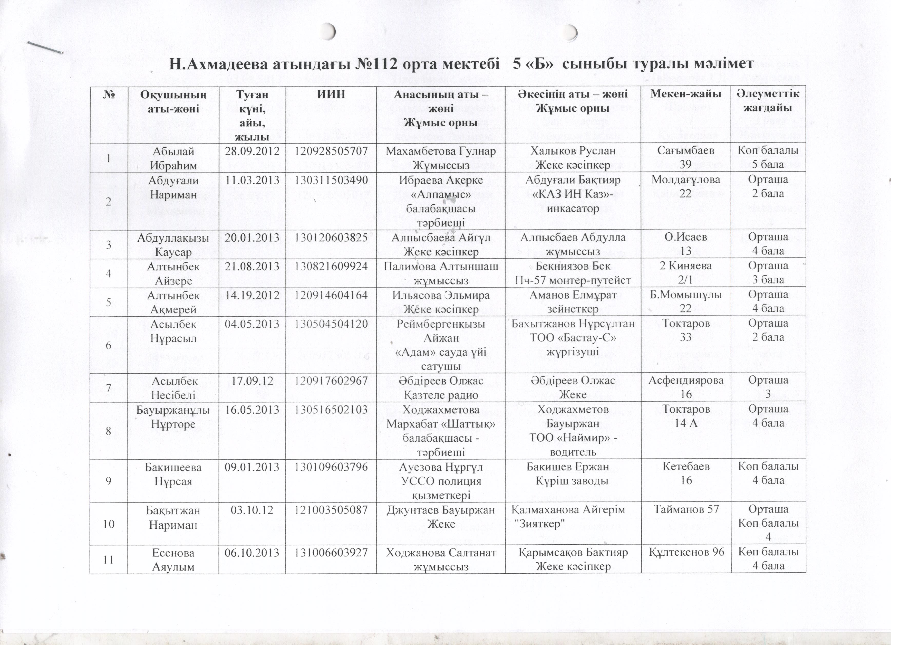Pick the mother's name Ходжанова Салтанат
[441, 552]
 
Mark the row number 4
[108, 273]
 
